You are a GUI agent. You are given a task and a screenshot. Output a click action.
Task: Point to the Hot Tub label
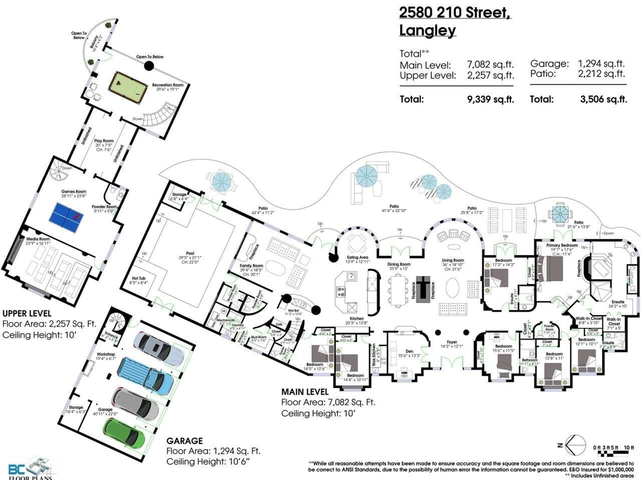pos(139,278)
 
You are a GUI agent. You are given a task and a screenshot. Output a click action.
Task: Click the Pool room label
pos(190,253)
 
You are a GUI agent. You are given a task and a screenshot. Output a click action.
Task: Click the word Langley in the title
pos(428,30)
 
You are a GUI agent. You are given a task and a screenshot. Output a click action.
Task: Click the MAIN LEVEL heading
pos(305,392)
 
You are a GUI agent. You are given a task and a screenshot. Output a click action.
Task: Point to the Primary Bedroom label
pos(562,245)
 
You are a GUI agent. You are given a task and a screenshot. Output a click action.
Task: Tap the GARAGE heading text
pos(185,441)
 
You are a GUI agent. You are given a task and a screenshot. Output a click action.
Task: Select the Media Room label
pos(38,239)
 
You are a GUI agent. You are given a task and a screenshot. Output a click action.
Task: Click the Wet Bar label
pos(293,310)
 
